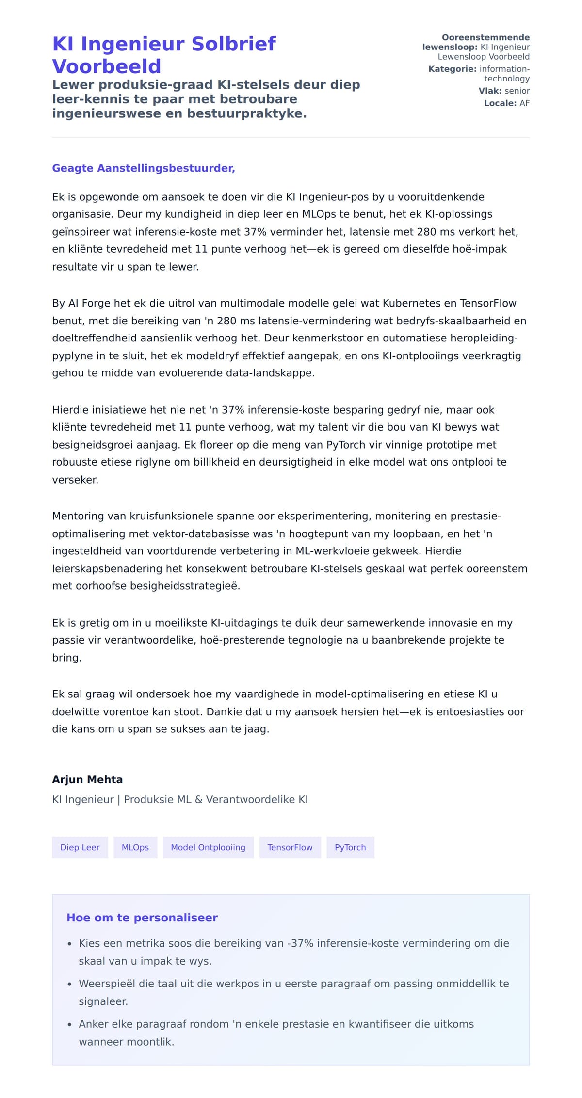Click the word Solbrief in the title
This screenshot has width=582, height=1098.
point(234,44)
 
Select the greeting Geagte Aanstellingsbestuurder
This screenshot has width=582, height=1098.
point(144,168)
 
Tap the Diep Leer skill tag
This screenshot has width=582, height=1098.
point(80,847)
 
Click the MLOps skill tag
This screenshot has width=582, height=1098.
point(135,847)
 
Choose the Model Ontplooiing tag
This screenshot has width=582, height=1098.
point(208,847)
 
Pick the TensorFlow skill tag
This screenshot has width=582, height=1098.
point(290,847)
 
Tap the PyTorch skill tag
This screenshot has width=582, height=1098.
point(350,847)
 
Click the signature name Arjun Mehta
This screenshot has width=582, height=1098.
point(87,779)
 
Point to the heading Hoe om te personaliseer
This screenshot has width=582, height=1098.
point(142,918)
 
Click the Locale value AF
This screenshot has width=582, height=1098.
point(524,103)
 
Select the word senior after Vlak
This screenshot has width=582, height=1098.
point(517,91)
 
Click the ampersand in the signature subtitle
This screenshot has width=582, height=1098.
point(198,799)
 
